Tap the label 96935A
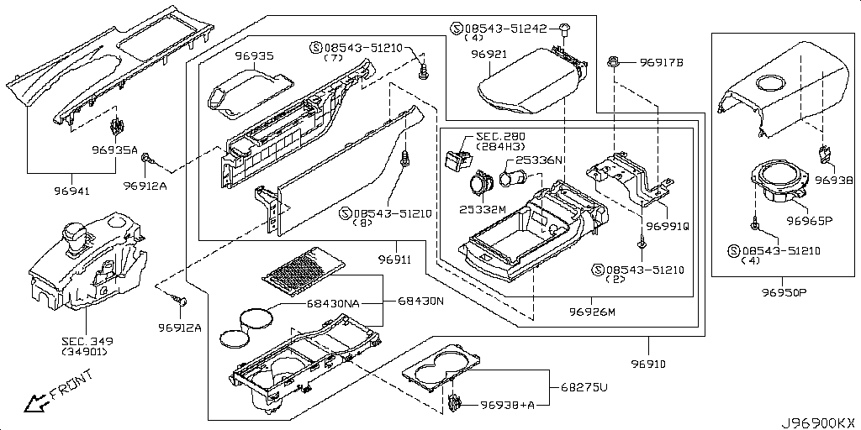tap(114, 150)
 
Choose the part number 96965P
tap(809, 222)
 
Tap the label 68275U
tap(579, 389)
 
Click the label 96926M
tap(592, 312)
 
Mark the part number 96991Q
tap(668, 225)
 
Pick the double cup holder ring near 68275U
tap(439, 370)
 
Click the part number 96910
tap(650, 364)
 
